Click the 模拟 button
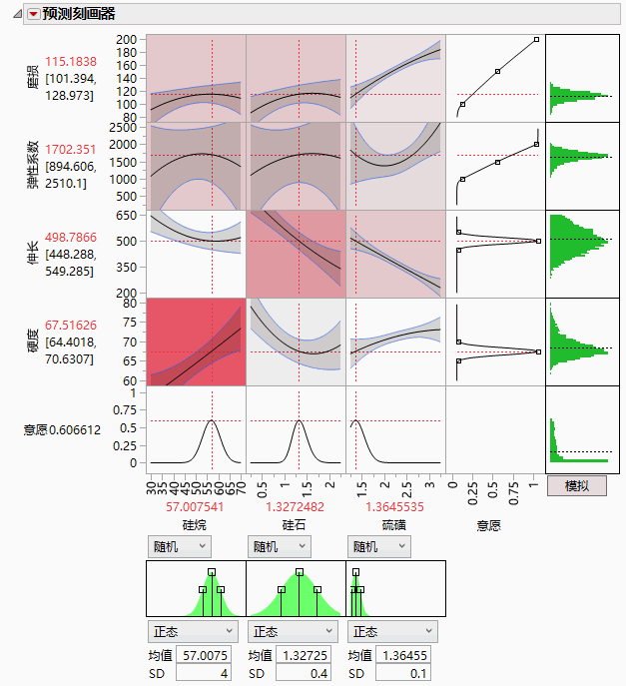tap(577, 485)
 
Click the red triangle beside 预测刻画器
tap(33, 14)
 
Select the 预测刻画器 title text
tap(79, 14)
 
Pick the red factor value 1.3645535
tap(395, 506)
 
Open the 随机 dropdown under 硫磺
tap(379, 546)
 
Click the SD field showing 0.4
tap(306, 674)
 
